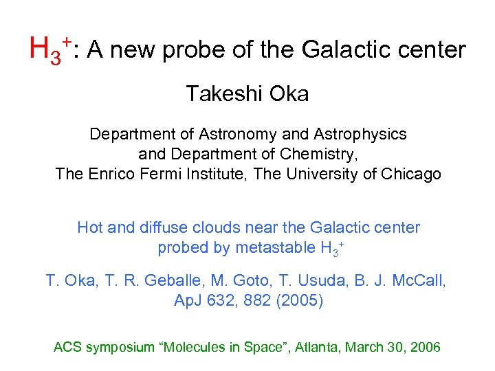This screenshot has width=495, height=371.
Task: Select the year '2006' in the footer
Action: point(425,347)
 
